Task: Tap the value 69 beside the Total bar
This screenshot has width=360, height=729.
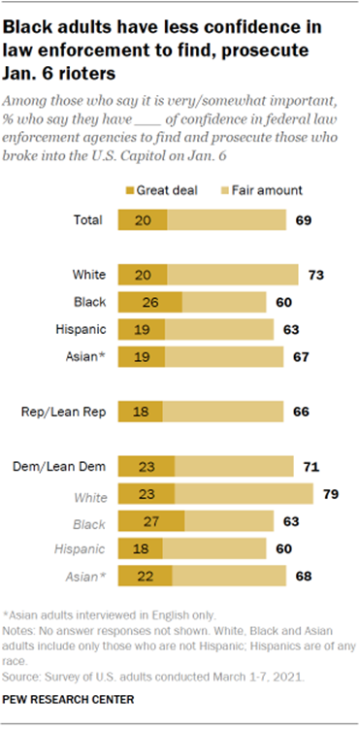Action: pos(303,221)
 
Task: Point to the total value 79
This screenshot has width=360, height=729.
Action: pos(329,495)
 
